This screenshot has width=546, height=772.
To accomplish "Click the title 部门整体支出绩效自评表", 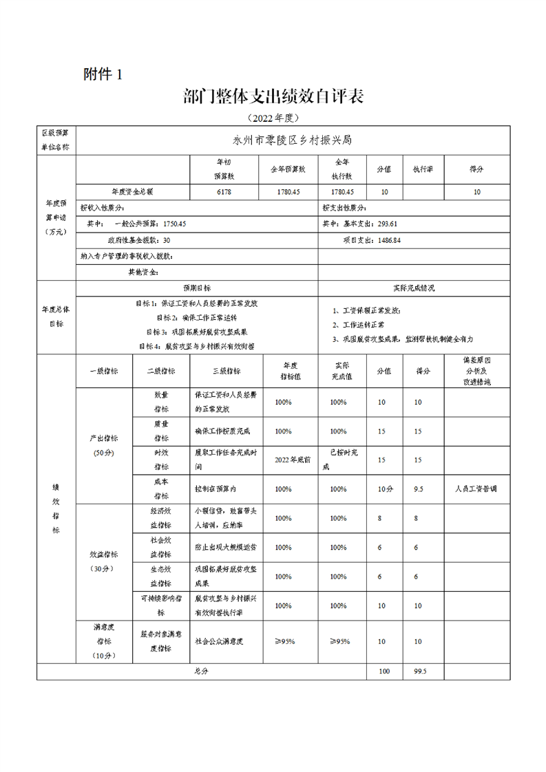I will pyautogui.click(x=273, y=96).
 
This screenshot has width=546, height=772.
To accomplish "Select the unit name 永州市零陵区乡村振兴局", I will pyautogui.click(x=293, y=140).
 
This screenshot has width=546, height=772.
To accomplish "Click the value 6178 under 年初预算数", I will pyautogui.click(x=224, y=193).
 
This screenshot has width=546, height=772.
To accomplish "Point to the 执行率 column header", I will pyautogui.click(x=422, y=169).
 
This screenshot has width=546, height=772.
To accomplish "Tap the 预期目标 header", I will pyautogui.click(x=196, y=288).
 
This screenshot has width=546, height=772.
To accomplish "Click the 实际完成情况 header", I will pyautogui.click(x=413, y=288).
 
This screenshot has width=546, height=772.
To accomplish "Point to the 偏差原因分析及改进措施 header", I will pyautogui.click(x=476, y=371).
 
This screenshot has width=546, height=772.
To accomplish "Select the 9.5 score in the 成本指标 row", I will pyautogui.click(x=418, y=489).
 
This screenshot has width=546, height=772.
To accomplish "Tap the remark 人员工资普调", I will pyautogui.click(x=476, y=489).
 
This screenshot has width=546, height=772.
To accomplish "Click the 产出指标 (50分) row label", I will pyautogui.click(x=104, y=445).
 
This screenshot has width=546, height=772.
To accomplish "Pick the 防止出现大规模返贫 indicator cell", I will pyautogui.click(x=222, y=548).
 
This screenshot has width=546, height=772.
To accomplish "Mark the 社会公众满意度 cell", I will pyautogui.click(x=220, y=641).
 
